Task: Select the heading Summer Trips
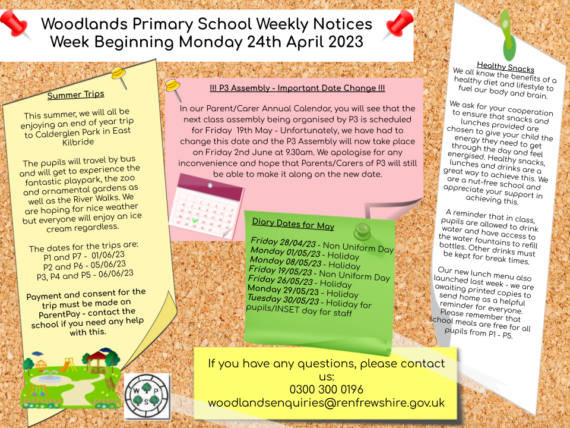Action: [75, 94]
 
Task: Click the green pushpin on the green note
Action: [362, 231]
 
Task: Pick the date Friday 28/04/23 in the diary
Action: [286, 244]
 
